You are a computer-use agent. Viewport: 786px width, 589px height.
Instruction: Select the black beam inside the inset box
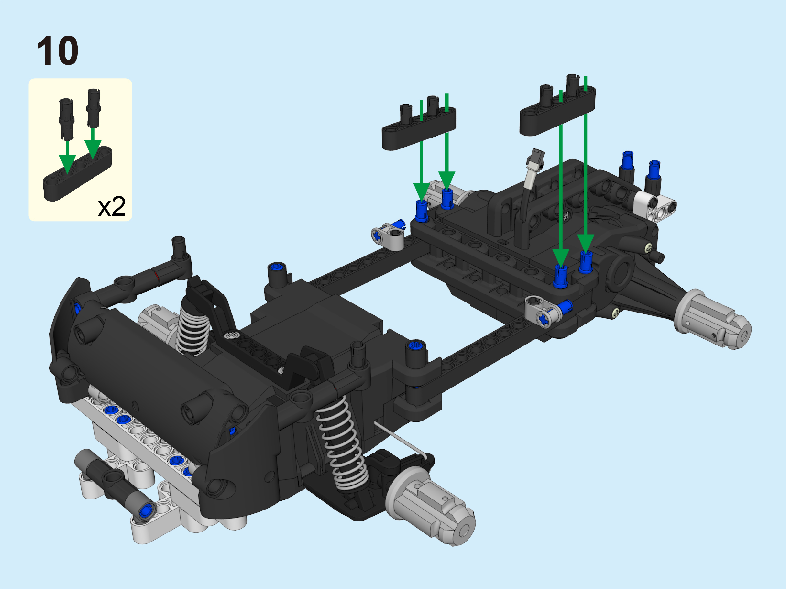pyautogui.click(x=78, y=174)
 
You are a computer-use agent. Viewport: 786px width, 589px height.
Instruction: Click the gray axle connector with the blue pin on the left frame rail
pyautogui.click(x=388, y=235)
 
